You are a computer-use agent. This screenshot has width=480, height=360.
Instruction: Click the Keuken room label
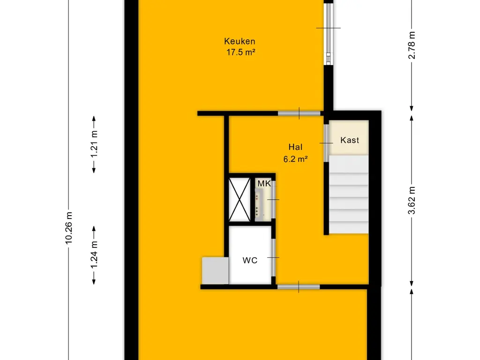point(240,41)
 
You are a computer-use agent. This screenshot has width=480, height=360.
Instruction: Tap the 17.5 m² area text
point(240,52)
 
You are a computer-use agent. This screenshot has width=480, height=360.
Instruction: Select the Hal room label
point(295,147)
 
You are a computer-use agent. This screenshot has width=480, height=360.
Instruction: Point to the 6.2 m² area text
point(295,159)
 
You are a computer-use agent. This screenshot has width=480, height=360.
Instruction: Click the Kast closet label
point(350,140)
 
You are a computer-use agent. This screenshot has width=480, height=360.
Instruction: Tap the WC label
point(250,261)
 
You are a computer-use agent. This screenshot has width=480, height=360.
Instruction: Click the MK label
point(264,184)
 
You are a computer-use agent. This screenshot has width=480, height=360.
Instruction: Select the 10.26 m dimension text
point(69,228)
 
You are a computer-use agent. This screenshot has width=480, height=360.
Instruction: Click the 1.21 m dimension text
point(94,144)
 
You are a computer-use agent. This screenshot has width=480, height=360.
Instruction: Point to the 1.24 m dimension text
point(94,255)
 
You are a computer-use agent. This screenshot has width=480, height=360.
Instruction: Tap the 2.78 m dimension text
point(412,45)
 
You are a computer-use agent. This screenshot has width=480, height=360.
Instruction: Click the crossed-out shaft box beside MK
point(240,199)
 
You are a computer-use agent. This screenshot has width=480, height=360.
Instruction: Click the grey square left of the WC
point(215,270)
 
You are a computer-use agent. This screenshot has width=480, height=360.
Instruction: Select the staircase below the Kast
point(349,195)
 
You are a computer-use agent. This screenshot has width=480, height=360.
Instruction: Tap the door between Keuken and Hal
point(299,113)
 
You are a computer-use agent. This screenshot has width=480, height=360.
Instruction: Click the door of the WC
point(274,257)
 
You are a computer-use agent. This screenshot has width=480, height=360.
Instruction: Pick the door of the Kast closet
point(327,143)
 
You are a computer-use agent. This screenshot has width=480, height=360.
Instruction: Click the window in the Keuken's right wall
point(329,34)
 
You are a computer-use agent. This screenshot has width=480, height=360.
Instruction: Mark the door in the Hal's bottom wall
point(299,287)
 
